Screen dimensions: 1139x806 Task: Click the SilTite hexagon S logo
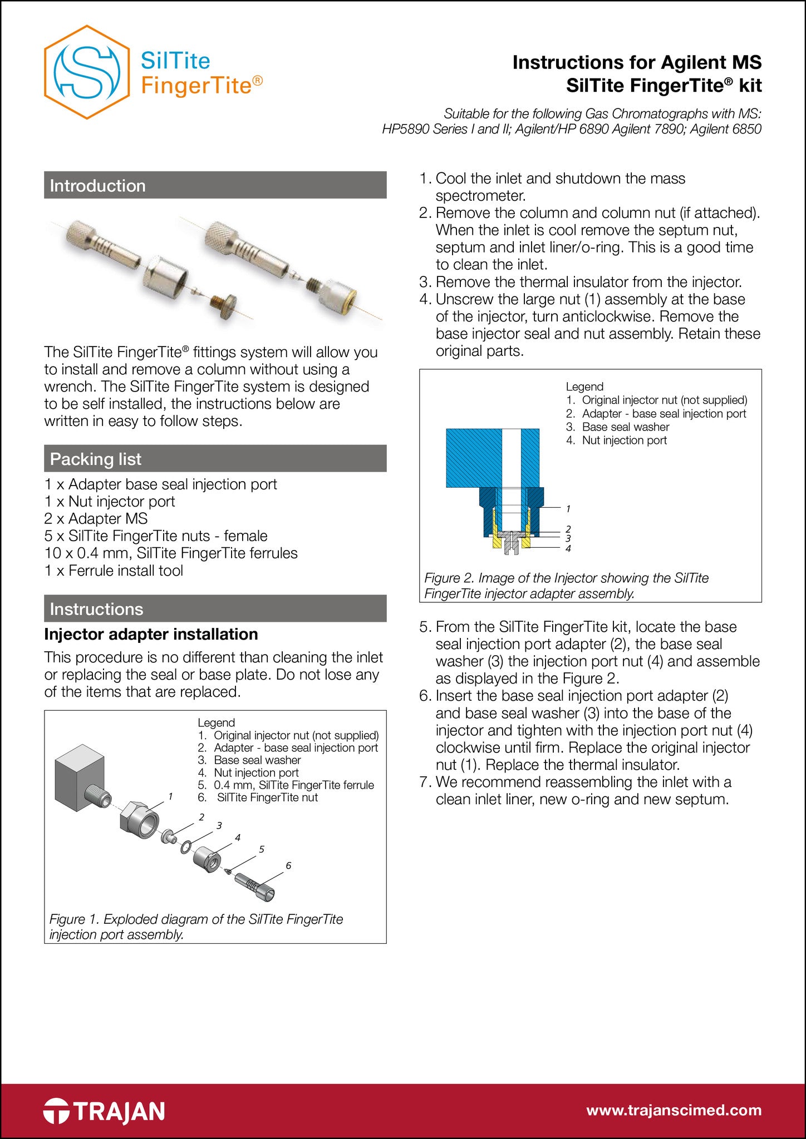pos(87,72)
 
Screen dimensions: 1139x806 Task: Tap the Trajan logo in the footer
pos(104,1111)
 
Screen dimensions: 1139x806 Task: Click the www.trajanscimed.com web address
pos(674,1110)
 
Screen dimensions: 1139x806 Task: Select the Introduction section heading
pos(98,185)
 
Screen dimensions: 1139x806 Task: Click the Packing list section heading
pos(96,459)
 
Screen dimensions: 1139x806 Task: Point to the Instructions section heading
pos(97,609)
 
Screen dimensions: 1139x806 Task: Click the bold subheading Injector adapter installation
pos(151,634)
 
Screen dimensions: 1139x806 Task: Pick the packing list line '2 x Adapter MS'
pos(96,518)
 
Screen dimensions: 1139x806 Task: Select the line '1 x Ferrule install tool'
pos(114,570)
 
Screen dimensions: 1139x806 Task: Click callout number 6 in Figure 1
pos(288,865)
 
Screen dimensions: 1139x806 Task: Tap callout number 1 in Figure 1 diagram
pos(170,796)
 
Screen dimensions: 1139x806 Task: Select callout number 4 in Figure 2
pos(568,548)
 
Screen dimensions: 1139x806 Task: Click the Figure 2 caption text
pos(566,586)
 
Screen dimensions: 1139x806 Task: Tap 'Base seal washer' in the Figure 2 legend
pos(626,427)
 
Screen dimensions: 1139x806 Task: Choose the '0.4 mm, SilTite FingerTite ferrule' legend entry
pos(293,785)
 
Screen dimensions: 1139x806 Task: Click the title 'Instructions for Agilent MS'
pos(637,62)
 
